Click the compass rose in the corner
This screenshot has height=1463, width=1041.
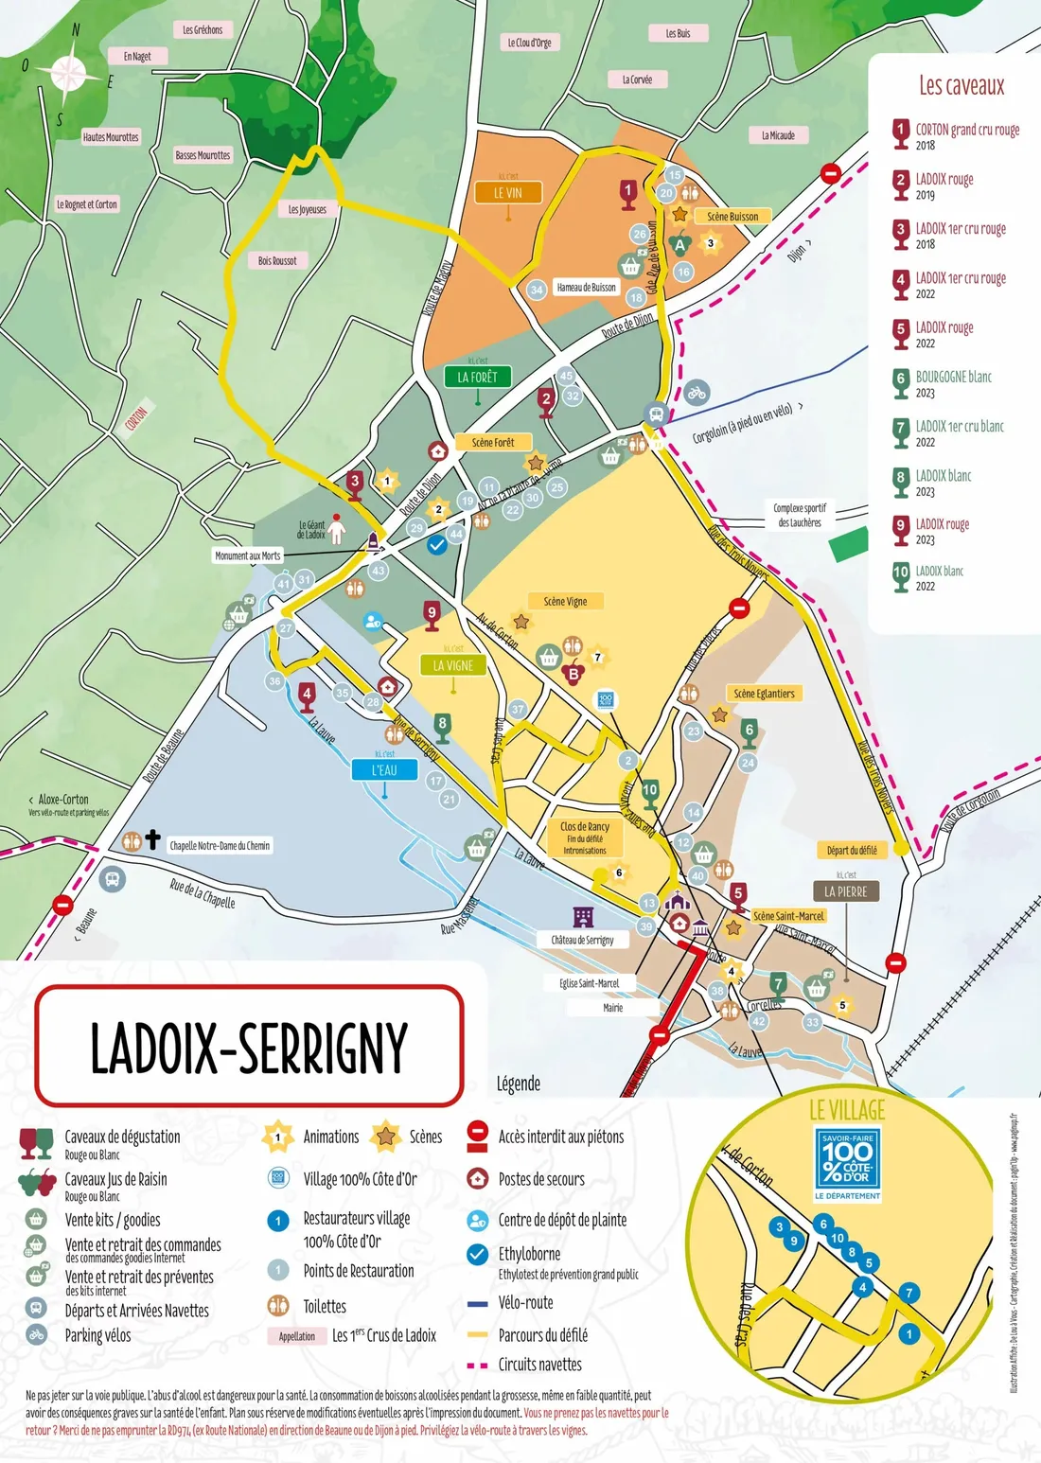[66, 74]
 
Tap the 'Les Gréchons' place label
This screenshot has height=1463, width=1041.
[203, 30]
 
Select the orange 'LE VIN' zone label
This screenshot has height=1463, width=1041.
[508, 193]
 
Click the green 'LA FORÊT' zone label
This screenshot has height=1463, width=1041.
[477, 377]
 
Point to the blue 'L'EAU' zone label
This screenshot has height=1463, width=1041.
[384, 770]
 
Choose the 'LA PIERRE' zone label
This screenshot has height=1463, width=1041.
[845, 891]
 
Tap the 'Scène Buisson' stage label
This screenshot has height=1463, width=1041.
[732, 217]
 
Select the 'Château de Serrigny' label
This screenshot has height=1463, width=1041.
[582, 940]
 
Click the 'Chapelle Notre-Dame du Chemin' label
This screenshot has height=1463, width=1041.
[220, 846]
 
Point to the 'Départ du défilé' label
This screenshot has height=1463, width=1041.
[852, 850]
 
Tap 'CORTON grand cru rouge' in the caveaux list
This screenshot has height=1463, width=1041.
[966, 131]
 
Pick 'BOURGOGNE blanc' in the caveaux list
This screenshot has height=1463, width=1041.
[953, 377]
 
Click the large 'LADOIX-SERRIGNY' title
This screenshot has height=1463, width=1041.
[249, 1047]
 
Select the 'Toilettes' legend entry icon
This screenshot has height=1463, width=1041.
[278, 1306]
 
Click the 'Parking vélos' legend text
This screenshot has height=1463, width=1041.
[97, 1335]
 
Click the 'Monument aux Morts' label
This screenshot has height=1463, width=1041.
[247, 555]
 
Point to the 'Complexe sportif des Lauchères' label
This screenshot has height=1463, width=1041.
[800, 515]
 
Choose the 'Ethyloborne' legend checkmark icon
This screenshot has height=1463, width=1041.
[478, 1254]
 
